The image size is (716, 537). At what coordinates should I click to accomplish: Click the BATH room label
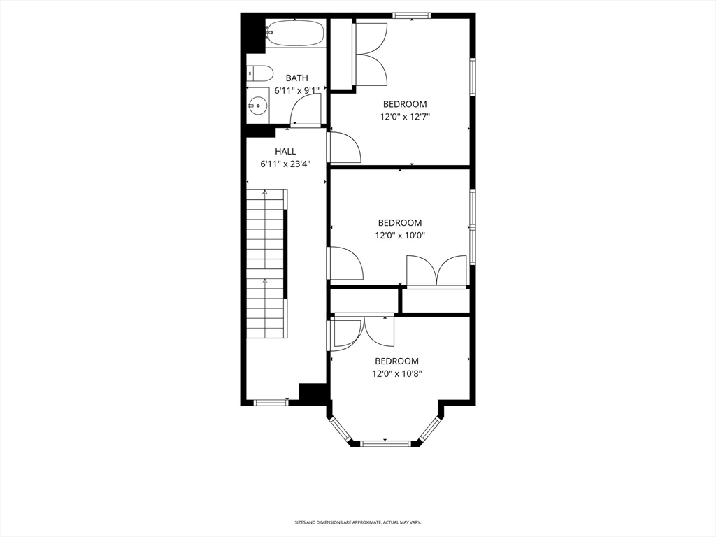pos(296,78)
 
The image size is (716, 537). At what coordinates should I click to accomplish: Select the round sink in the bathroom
pos(257,106)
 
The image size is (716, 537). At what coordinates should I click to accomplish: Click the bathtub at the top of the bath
pos(295,33)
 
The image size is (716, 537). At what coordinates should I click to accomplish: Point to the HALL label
pos(285,151)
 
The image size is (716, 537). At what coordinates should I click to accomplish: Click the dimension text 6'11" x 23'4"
pos(285,164)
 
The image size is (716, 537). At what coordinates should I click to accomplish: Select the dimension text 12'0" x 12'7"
pos(405,117)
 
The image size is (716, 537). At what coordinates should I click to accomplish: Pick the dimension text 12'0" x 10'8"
pos(396,373)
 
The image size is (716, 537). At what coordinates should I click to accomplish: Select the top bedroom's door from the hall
pos(344,148)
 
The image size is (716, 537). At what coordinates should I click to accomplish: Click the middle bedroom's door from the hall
pos(345,264)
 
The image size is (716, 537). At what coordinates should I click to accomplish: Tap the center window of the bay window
pos(385,443)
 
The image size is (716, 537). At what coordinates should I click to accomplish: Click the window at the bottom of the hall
pos(270,402)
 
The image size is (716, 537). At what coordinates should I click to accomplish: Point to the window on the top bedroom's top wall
pos(411,15)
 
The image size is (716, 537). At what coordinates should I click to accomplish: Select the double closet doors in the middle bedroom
pos(436,271)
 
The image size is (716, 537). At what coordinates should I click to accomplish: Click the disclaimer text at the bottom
pos(357,522)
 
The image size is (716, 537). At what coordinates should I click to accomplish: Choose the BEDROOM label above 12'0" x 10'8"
pos(396,361)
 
